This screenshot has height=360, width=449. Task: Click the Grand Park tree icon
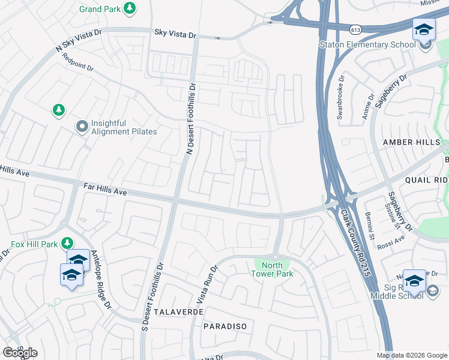coord(129,9)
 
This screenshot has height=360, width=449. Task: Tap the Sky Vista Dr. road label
coord(176,35)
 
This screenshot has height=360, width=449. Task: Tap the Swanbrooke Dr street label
coord(340,97)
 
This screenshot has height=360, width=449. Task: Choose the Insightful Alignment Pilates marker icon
coord(82,127)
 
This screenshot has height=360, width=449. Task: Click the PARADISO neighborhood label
coord(224,326)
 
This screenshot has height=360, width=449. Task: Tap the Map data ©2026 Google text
coord(411,355)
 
